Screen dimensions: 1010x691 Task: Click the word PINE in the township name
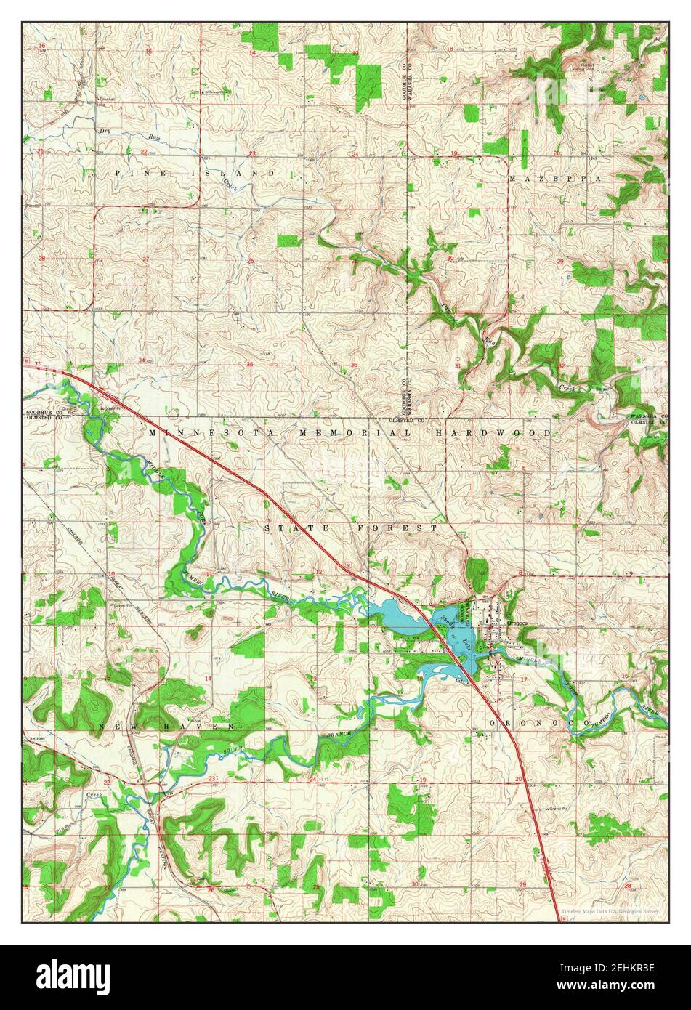[x=135, y=174]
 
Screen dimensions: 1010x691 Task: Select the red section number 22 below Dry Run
[x=144, y=153]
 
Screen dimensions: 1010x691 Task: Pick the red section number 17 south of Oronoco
[x=524, y=679]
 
